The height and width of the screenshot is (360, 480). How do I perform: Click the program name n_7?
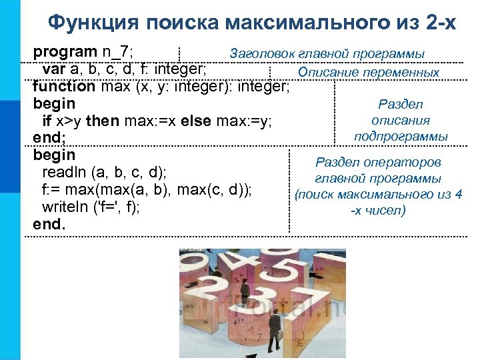tap(117, 51)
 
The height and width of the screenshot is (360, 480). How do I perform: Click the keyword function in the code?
tap(64, 86)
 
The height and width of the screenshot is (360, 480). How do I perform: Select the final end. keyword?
tap(49, 225)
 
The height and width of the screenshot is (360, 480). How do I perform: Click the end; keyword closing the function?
tap(48, 138)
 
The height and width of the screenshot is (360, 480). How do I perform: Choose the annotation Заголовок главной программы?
tap(327, 53)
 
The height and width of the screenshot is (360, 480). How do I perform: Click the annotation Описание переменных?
tap(369, 72)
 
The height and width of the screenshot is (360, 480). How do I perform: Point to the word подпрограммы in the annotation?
tap(401, 136)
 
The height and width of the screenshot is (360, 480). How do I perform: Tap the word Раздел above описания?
tap(401, 104)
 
